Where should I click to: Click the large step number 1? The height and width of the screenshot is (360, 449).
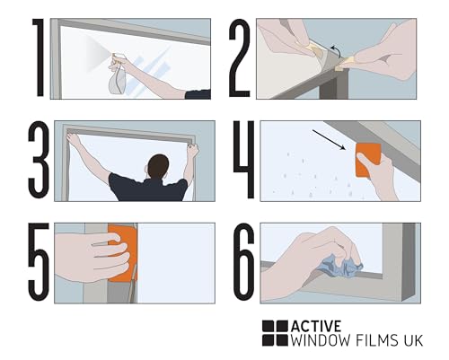point(39,57)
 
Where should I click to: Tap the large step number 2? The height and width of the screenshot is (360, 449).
point(240,58)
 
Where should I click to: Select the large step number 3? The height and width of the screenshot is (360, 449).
point(39,160)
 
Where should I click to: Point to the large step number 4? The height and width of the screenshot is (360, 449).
point(244,160)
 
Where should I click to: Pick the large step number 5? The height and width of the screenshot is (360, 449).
point(39,262)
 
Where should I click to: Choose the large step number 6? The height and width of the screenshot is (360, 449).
point(244,262)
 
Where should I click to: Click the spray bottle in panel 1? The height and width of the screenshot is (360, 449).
point(118,75)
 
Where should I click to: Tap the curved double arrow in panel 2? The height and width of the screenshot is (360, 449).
point(336,51)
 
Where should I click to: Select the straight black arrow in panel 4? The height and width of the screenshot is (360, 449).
point(329,139)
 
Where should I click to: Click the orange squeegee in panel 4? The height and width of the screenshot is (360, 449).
point(368,160)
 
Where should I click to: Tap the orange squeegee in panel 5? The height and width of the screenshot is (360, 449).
point(123,254)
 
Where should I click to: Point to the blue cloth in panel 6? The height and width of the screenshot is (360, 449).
point(340,265)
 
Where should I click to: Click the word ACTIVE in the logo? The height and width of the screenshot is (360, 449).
point(316,326)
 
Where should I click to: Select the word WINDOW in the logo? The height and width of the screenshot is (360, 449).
point(321,340)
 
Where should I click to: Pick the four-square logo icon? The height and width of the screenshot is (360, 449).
point(275,333)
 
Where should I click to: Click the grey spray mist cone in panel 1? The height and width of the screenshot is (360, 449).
point(97,55)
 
